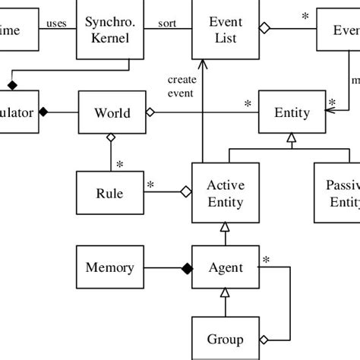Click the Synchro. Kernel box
[111, 30]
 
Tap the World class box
[112, 113]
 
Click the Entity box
[292, 113]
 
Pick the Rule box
[111, 193]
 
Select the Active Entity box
[225, 193]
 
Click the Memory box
[110, 267]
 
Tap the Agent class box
[225, 267]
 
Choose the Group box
[225, 339]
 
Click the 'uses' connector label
[56, 23]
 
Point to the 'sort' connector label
[167, 23]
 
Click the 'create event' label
[182, 87]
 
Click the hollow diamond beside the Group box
[264, 339]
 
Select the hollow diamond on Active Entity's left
[185, 193]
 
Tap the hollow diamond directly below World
[112, 137]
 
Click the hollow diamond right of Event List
[264, 29]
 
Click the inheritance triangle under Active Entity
[225, 226]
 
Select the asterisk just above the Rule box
[120, 164]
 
